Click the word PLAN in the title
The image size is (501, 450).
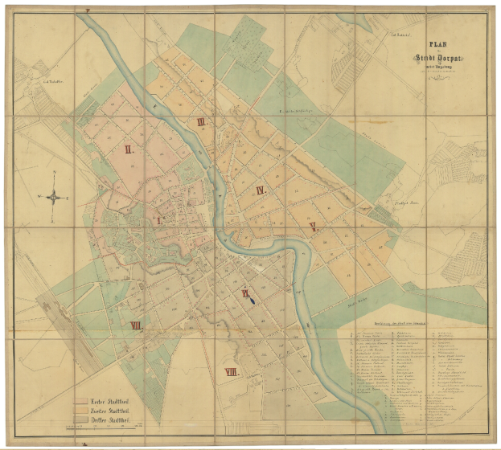click(x=437, y=46)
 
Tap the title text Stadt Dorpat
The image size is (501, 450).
click(x=437, y=58)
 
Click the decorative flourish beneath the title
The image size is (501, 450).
click(x=437, y=75)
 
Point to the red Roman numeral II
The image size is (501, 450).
click(x=127, y=149)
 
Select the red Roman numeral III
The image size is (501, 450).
click(x=201, y=122)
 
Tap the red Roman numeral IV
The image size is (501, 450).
click(x=260, y=190)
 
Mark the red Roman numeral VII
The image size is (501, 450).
click(x=136, y=325)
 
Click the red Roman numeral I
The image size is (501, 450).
click(x=158, y=219)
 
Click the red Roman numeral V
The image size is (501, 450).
click(x=313, y=227)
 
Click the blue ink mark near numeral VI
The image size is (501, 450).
click(x=253, y=301)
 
